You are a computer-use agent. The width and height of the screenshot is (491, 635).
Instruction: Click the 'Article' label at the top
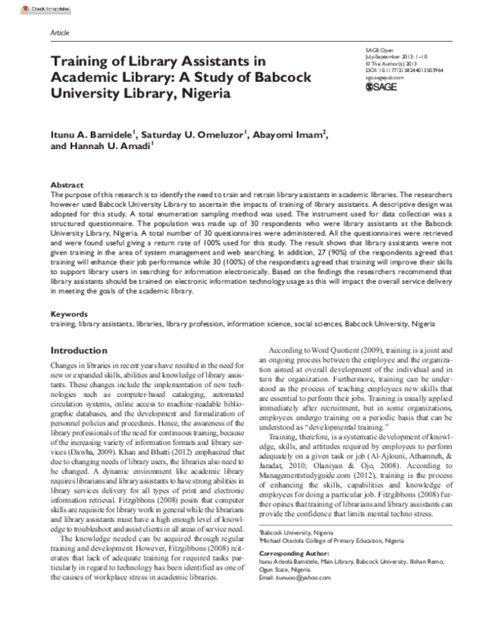click(x=61, y=32)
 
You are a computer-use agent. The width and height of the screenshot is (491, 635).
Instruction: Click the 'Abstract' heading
click(x=66, y=186)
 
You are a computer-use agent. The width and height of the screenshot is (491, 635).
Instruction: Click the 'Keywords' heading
click(x=69, y=336)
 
